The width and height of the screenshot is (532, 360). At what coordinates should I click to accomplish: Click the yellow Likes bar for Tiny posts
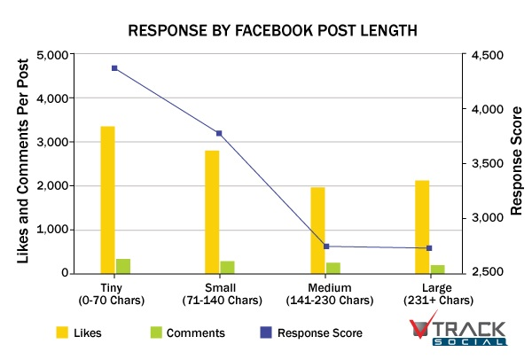click(x=107, y=200)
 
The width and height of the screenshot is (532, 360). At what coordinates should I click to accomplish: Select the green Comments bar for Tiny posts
click(x=123, y=266)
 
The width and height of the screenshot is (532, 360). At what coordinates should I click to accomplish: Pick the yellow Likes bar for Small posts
click(x=212, y=212)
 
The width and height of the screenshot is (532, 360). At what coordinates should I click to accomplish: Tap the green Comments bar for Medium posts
click(x=332, y=268)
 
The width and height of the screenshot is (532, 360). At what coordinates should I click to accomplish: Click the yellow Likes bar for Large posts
click(x=421, y=227)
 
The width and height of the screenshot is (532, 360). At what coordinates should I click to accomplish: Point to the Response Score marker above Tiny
click(x=115, y=68)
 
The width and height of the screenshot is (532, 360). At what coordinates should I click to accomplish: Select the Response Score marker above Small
click(x=219, y=133)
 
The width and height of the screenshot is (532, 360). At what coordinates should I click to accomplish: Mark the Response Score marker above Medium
click(x=325, y=247)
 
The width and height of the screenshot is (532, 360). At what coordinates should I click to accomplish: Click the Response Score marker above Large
click(x=429, y=248)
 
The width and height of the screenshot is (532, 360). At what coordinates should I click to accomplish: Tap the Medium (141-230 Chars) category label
click(x=325, y=294)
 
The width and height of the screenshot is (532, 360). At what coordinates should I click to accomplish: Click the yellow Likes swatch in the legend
click(x=62, y=333)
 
